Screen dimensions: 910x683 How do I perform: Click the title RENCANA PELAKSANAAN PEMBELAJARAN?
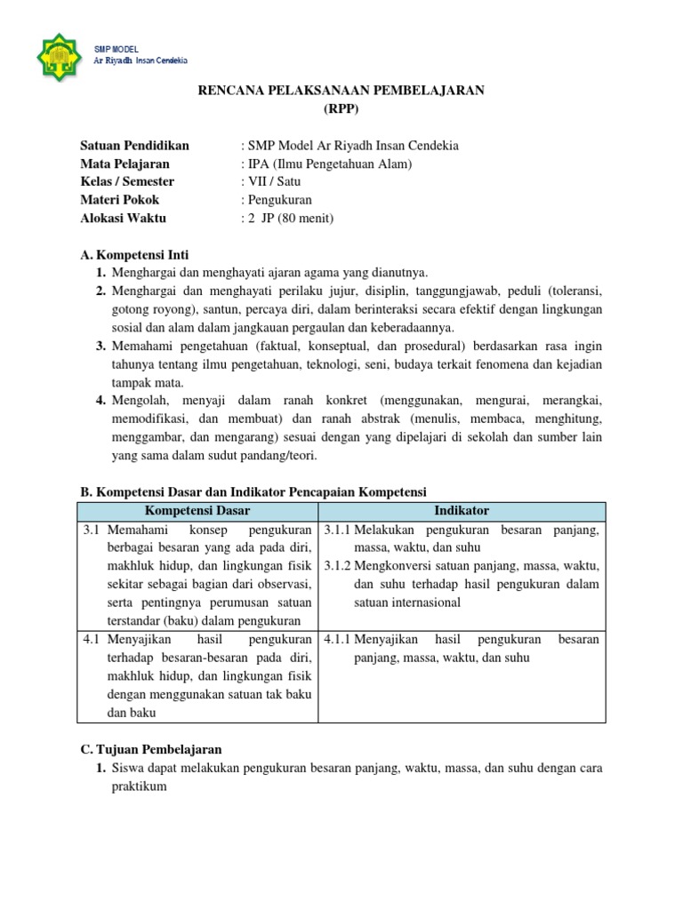pos(341,92)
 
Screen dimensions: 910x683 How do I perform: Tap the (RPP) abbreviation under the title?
pos(341,109)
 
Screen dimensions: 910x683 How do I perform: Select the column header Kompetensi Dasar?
pos(197,510)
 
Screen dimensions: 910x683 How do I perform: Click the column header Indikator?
pos(461,510)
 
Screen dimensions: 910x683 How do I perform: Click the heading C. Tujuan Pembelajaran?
pos(151,749)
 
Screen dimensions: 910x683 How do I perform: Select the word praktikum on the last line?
pos(139,786)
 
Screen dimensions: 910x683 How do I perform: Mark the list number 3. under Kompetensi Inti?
pos(101,347)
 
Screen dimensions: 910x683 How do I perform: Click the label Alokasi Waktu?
pos(123,218)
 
